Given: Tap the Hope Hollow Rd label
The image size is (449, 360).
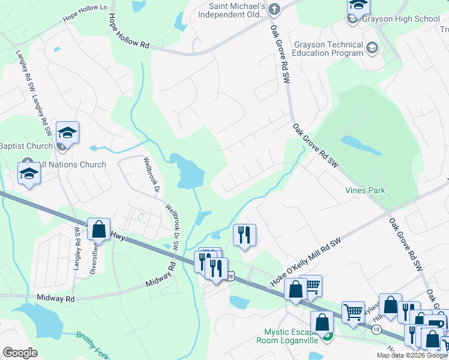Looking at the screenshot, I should [128, 31].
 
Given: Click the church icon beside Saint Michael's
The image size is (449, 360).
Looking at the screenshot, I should [274, 8].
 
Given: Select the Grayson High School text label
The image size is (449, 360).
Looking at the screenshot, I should [402, 19].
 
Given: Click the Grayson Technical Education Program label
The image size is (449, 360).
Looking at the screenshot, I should [328, 49].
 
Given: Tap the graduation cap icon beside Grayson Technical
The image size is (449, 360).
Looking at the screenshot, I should [372, 47].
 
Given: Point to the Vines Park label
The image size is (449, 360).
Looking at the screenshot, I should [365, 190].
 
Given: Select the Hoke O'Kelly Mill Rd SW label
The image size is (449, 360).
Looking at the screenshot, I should [306, 261].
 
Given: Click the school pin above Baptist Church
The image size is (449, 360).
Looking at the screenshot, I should [67, 133].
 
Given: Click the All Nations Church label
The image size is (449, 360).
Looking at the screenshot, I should [72, 164].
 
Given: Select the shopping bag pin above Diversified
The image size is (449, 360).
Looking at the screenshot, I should [99, 229].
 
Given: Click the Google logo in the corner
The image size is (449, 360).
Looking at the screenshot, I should [20, 353].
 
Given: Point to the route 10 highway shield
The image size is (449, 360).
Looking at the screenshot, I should [376, 329].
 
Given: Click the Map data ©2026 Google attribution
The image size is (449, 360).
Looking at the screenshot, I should [412, 355].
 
